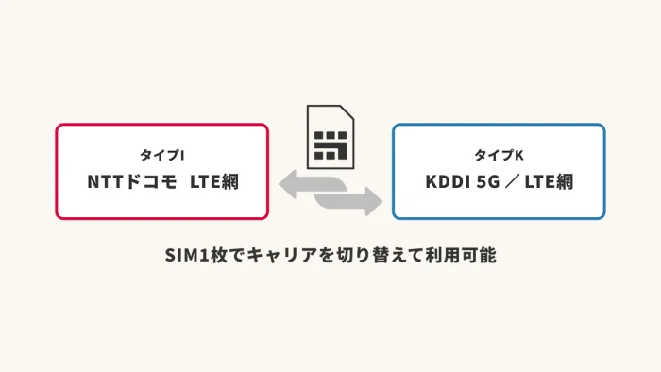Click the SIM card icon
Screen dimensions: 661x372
click(x=330, y=137)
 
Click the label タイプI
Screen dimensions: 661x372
click(x=162, y=155)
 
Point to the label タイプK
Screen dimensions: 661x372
click(x=500, y=155)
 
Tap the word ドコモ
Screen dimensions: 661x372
click(x=151, y=182)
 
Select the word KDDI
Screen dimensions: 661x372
click(x=448, y=182)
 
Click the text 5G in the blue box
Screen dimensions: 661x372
click(x=488, y=182)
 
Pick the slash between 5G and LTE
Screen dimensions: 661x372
click(x=512, y=182)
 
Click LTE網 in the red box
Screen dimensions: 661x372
click(x=214, y=182)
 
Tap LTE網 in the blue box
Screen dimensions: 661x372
click(x=549, y=182)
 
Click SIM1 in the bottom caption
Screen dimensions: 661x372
click(x=187, y=255)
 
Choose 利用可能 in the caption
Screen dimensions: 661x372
click(x=461, y=255)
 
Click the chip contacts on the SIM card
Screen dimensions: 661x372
click(x=330, y=145)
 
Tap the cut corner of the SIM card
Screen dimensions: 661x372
click(x=347, y=112)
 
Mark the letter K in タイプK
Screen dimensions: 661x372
click(x=519, y=156)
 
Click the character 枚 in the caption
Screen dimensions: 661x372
click(x=219, y=255)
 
